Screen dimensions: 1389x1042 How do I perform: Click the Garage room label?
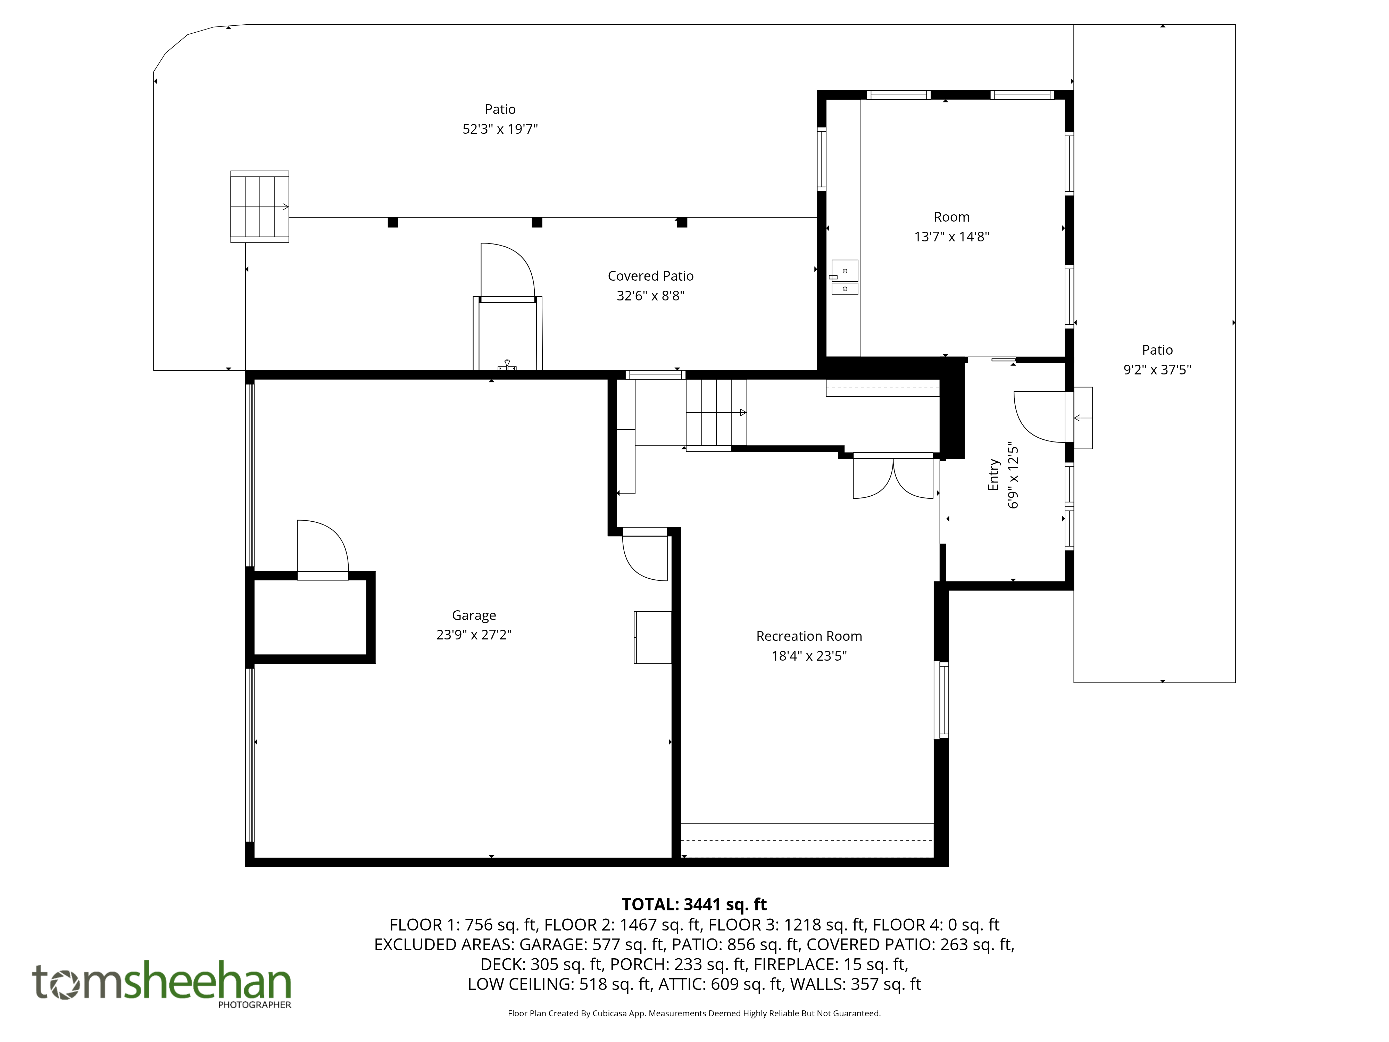pyautogui.click(x=474, y=615)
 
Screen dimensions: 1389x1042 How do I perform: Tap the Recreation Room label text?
pyautogui.click(x=809, y=636)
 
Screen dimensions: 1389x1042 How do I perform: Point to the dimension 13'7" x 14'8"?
pyautogui.click(x=951, y=237)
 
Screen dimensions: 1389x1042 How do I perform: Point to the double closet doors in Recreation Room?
pyautogui.click(x=893, y=477)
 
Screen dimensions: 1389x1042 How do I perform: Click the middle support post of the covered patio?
pyautogui.click(x=537, y=222)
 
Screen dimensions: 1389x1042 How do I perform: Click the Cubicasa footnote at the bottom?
pyautogui.click(x=694, y=1013)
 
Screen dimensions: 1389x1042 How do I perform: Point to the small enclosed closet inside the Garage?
pyautogui.click(x=310, y=618)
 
